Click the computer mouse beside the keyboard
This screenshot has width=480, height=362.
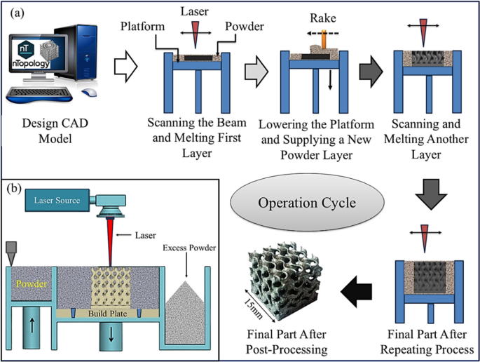[89, 92]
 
